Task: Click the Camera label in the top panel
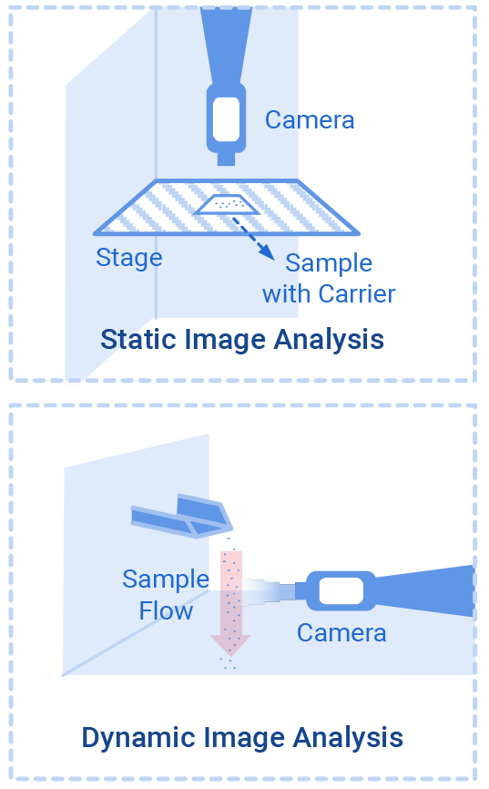(310, 119)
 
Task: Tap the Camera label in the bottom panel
(341, 632)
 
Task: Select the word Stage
(129, 258)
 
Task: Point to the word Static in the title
(139, 340)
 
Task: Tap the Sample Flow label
(166, 594)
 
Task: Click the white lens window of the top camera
(226, 118)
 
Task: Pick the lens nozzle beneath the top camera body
(226, 159)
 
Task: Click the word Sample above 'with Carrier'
(329, 263)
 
